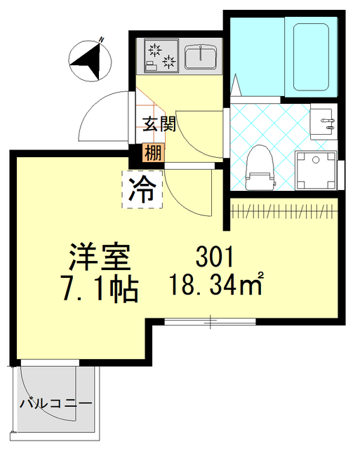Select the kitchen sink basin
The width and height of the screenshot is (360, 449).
pos(202,55)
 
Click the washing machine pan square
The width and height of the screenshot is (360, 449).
pos(315,171)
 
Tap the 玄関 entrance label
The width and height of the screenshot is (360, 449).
pos(159,125)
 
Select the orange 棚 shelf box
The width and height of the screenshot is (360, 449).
pos(152,152)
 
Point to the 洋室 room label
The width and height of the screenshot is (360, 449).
pos(99,257)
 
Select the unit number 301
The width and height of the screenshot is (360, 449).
pos(218,256)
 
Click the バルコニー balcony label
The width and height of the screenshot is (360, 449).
pos(55,406)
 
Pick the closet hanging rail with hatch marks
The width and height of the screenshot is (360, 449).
pos(283,210)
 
